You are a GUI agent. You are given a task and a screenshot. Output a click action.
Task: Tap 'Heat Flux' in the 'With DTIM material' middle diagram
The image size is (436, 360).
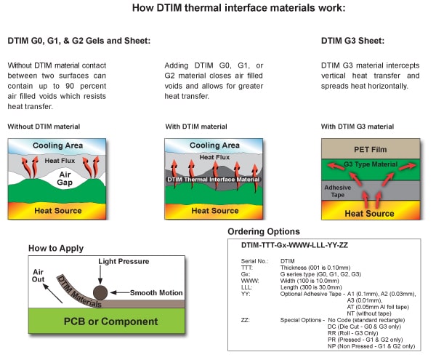click(214, 157)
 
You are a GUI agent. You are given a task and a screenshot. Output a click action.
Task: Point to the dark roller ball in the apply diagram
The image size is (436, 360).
click(100, 292)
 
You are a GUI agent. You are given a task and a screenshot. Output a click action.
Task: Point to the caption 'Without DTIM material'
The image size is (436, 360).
click(44, 127)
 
